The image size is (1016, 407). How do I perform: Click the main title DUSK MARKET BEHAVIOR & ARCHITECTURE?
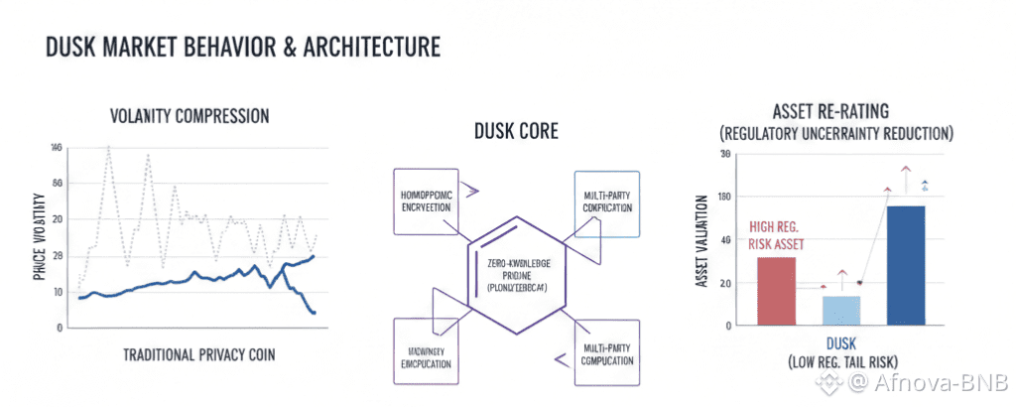243,48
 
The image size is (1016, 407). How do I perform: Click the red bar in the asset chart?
776,291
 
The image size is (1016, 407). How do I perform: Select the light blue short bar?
841,310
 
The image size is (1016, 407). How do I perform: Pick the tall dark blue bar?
906,265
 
